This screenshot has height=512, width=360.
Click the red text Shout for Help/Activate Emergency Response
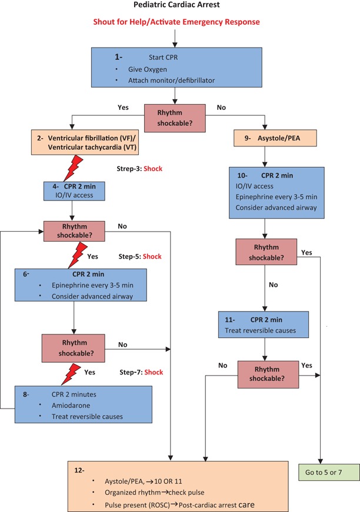pos(175,22)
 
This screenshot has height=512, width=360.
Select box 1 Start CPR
pos(175,68)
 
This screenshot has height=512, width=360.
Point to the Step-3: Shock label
pos(139,169)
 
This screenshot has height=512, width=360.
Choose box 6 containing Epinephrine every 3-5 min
pos(85,286)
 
